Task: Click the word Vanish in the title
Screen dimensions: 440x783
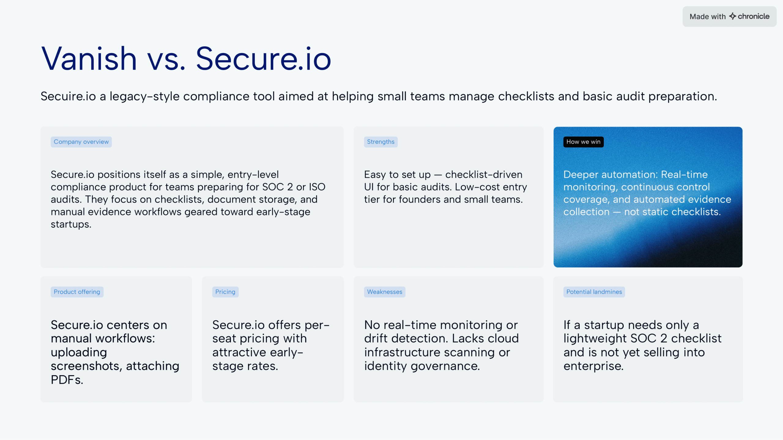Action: pos(89,59)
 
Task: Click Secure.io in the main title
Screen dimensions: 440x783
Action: pos(263,59)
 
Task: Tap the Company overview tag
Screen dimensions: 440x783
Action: pos(81,142)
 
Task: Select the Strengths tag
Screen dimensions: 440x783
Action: pos(380,142)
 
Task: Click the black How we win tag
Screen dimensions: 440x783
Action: pos(583,142)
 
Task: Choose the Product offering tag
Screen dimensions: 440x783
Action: pos(77,292)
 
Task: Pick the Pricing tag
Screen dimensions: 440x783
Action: pos(225,292)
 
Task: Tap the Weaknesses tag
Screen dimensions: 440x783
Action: pos(384,292)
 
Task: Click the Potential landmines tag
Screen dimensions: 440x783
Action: pos(594,292)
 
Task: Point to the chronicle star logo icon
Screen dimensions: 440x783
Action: pos(733,16)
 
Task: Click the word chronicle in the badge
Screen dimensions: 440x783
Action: pos(754,16)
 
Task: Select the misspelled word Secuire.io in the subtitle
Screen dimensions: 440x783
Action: pos(68,97)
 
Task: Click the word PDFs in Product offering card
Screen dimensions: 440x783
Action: pos(67,380)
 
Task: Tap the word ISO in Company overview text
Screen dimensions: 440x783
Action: pos(317,187)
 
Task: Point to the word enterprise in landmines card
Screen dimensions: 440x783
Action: pos(593,366)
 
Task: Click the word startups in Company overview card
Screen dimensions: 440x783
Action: pos(71,225)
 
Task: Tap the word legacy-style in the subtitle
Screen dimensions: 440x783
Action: pos(144,97)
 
